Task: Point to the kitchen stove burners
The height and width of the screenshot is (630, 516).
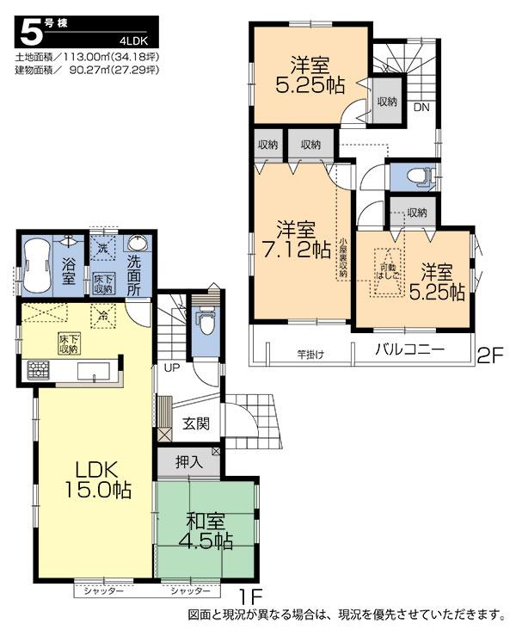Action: tap(39, 370)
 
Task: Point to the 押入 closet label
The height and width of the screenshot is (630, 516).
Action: tap(189, 462)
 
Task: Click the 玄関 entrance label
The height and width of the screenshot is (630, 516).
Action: tap(195, 424)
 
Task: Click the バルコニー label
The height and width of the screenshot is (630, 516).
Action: tap(408, 350)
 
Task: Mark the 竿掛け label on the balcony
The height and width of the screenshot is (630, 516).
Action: tap(310, 353)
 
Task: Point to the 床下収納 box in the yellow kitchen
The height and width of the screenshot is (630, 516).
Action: tap(70, 343)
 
